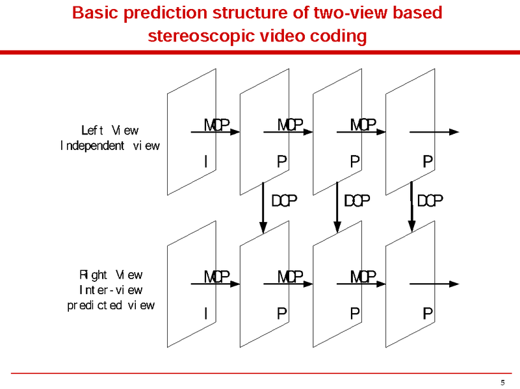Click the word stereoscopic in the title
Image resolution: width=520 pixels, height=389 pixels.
(x=201, y=36)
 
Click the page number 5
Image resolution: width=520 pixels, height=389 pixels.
(x=502, y=383)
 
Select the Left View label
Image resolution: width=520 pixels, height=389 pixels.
(x=110, y=131)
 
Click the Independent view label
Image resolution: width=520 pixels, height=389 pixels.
(x=110, y=145)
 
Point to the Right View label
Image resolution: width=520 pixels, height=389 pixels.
(x=110, y=275)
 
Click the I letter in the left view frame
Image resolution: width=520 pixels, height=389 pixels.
(x=206, y=161)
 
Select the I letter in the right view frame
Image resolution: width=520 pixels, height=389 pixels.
(x=206, y=313)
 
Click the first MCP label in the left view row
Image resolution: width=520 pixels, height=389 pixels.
(x=216, y=125)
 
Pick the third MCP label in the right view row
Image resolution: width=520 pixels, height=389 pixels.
(x=363, y=277)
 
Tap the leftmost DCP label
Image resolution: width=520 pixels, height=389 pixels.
(x=284, y=201)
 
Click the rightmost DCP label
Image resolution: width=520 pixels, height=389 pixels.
(x=430, y=201)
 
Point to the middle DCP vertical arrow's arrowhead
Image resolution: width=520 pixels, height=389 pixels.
(x=337, y=227)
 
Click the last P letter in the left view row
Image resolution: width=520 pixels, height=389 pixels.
(x=428, y=161)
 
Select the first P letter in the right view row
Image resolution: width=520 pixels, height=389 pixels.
(x=282, y=313)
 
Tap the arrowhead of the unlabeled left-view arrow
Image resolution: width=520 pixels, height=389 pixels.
(x=454, y=132)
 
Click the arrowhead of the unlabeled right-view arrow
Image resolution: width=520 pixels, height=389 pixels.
(x=454, y=284)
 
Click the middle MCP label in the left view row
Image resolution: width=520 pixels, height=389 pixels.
(x=290, y=125)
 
